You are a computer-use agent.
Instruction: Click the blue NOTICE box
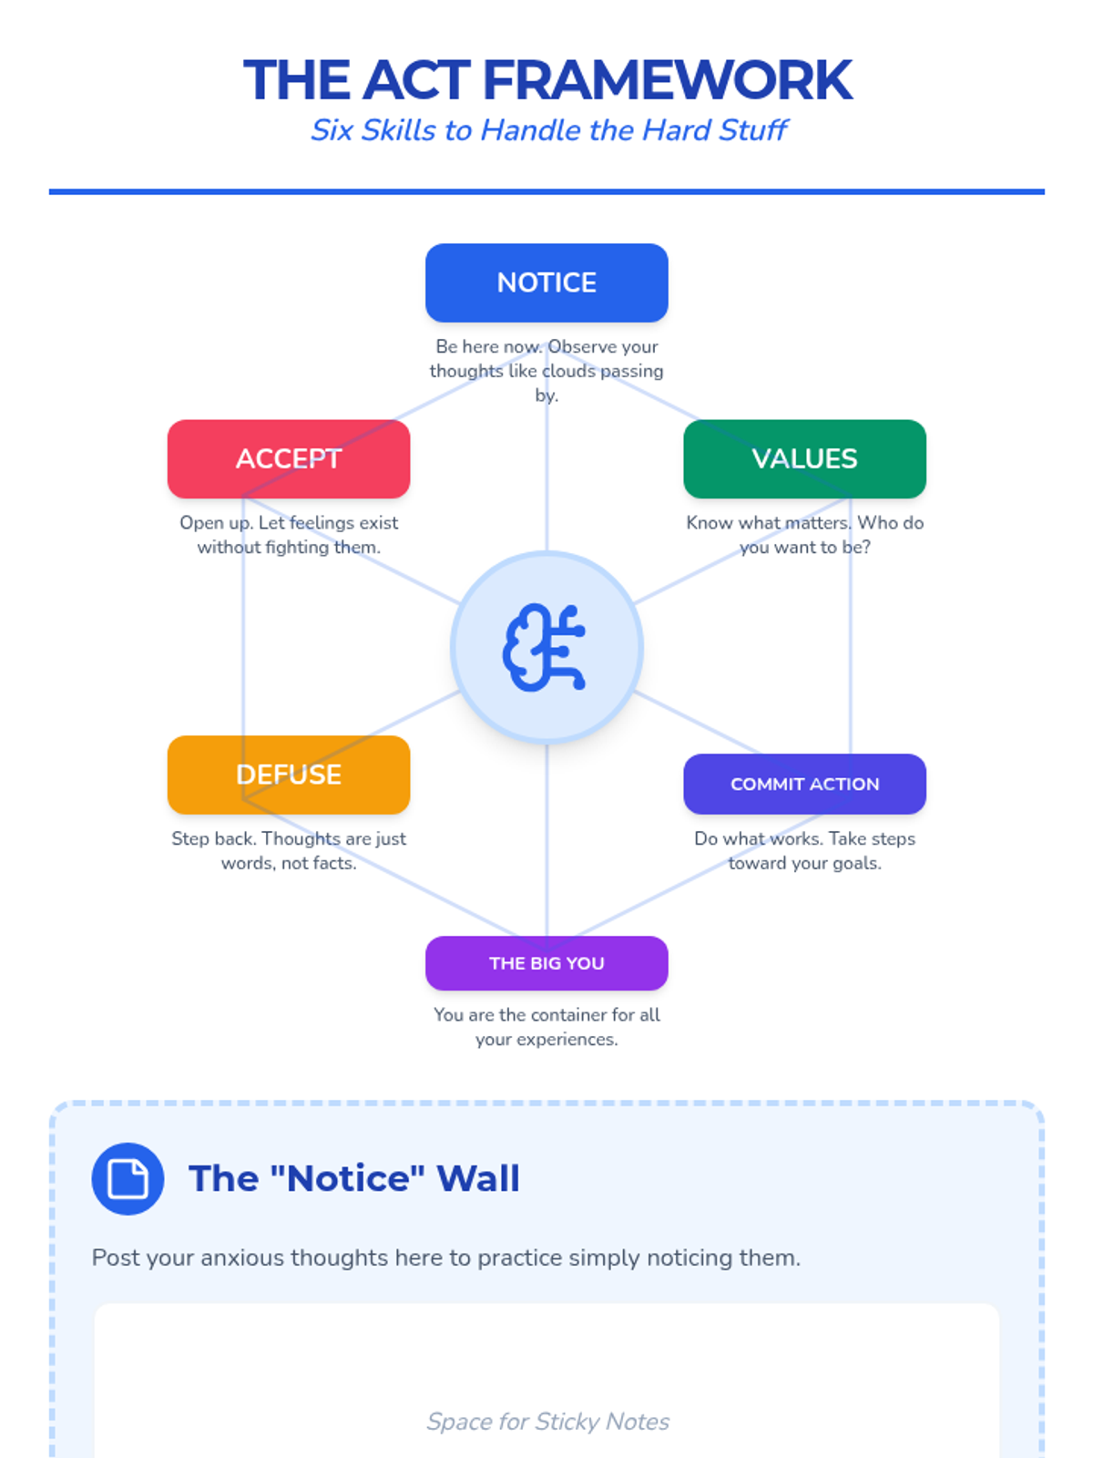click(x=546, y=282)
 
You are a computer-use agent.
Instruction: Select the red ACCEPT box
click(x=289, y=458)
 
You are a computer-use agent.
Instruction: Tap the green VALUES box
click(x=804, y=458)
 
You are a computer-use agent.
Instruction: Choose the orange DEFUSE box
click(x=289, y=775)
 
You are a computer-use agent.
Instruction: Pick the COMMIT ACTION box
click(x=804, y=784)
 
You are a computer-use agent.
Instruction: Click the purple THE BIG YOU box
click(x=546, y=963)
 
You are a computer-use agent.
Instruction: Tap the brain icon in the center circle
click(x=546, y=648)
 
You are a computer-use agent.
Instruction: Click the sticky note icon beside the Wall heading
click(x=128, y=1178)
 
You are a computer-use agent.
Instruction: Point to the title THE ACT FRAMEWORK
click(x=546, y=80)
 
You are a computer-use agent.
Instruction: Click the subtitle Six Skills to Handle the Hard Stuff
click(x=548, y=130)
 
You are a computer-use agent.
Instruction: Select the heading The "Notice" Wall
click(x=354, y=1178)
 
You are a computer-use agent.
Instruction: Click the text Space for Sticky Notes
click(x=548, y=1422)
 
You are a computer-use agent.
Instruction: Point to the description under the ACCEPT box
click(x=289, y=535)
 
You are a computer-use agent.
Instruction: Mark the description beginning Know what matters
click(x=804, y=535)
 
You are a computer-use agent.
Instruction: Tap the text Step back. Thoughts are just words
click(x=289, y=850)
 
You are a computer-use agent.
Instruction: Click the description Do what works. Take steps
click(x=804, y=850)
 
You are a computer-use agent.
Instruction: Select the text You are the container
click(x=546, y=1027)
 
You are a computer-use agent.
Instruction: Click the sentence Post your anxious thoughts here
click(x=446, y=1258)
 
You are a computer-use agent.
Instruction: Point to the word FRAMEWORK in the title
click(x=667, y=80)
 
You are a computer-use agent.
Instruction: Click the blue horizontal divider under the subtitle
click(x=546, y=191)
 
